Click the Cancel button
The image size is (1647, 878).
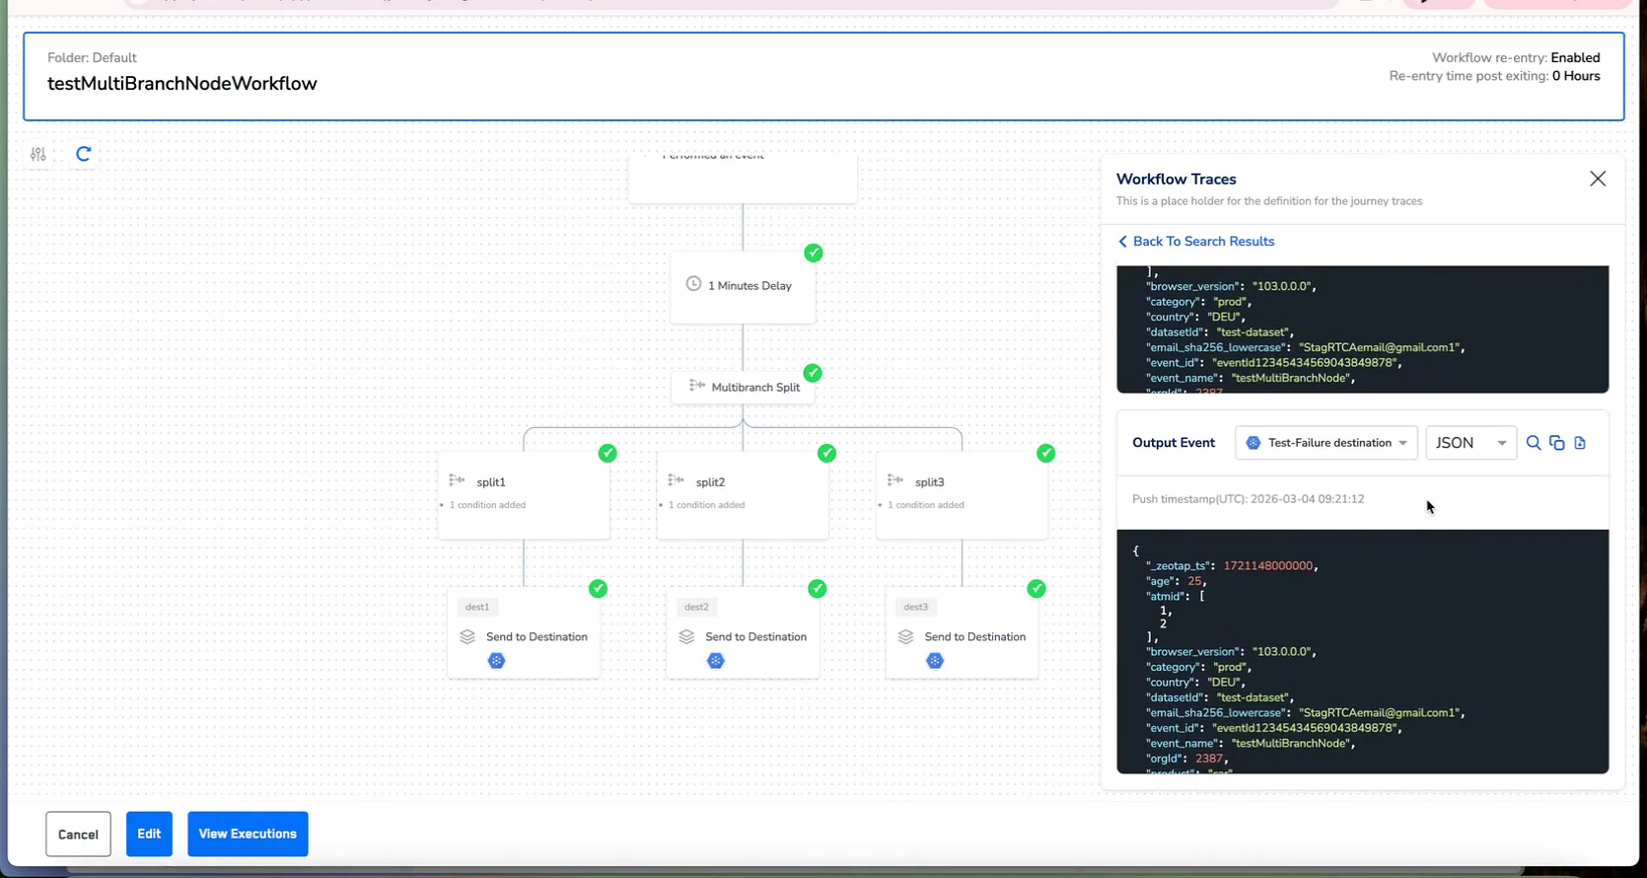coord(78,834)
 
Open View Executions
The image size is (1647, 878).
coord(248,834)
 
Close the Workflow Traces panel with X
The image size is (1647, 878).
coord(1598,179)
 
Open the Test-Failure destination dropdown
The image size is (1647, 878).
coord(1325,443)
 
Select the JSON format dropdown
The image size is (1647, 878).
coord(1470,443)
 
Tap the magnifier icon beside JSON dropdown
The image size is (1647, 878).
coord(1534,443)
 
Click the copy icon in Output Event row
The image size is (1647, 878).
coord(1557,443)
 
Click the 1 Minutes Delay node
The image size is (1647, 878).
coord(743,286)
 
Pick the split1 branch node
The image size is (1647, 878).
coord(524,491)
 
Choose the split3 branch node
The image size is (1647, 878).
coord(962,491)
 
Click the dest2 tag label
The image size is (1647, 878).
coord(696,607)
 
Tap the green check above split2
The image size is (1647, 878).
coord(826,453)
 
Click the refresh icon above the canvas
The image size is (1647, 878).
coord(84,154)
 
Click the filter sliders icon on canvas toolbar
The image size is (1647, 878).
coord(38,154)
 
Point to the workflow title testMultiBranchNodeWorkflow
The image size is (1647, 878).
coord(182,84)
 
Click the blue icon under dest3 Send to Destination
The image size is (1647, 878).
coord(935,661)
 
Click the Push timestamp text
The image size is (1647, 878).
coord(1248,499)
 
